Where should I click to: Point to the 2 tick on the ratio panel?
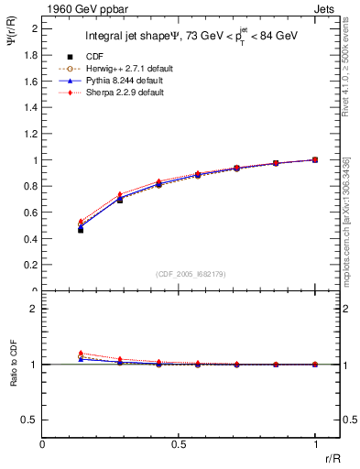tap(35, 309)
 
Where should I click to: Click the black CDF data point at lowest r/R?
tap(81, 230)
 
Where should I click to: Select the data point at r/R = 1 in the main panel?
tap(315, 159)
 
